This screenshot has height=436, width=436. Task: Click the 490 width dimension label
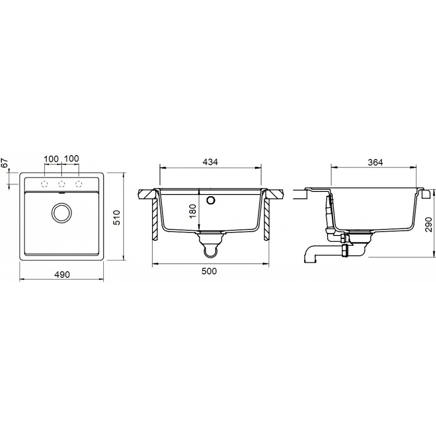(x=62, y=274)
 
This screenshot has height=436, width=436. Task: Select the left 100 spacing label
(x=51, y=159)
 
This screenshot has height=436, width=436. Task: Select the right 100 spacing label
(x=72, y=159)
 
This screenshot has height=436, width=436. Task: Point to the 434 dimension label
(x=210, y=162)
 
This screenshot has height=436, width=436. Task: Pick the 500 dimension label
(x=209, y=271)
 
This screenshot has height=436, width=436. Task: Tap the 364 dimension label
(x=375, y=162)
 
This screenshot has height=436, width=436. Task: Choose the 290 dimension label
(x=429, y=225)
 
